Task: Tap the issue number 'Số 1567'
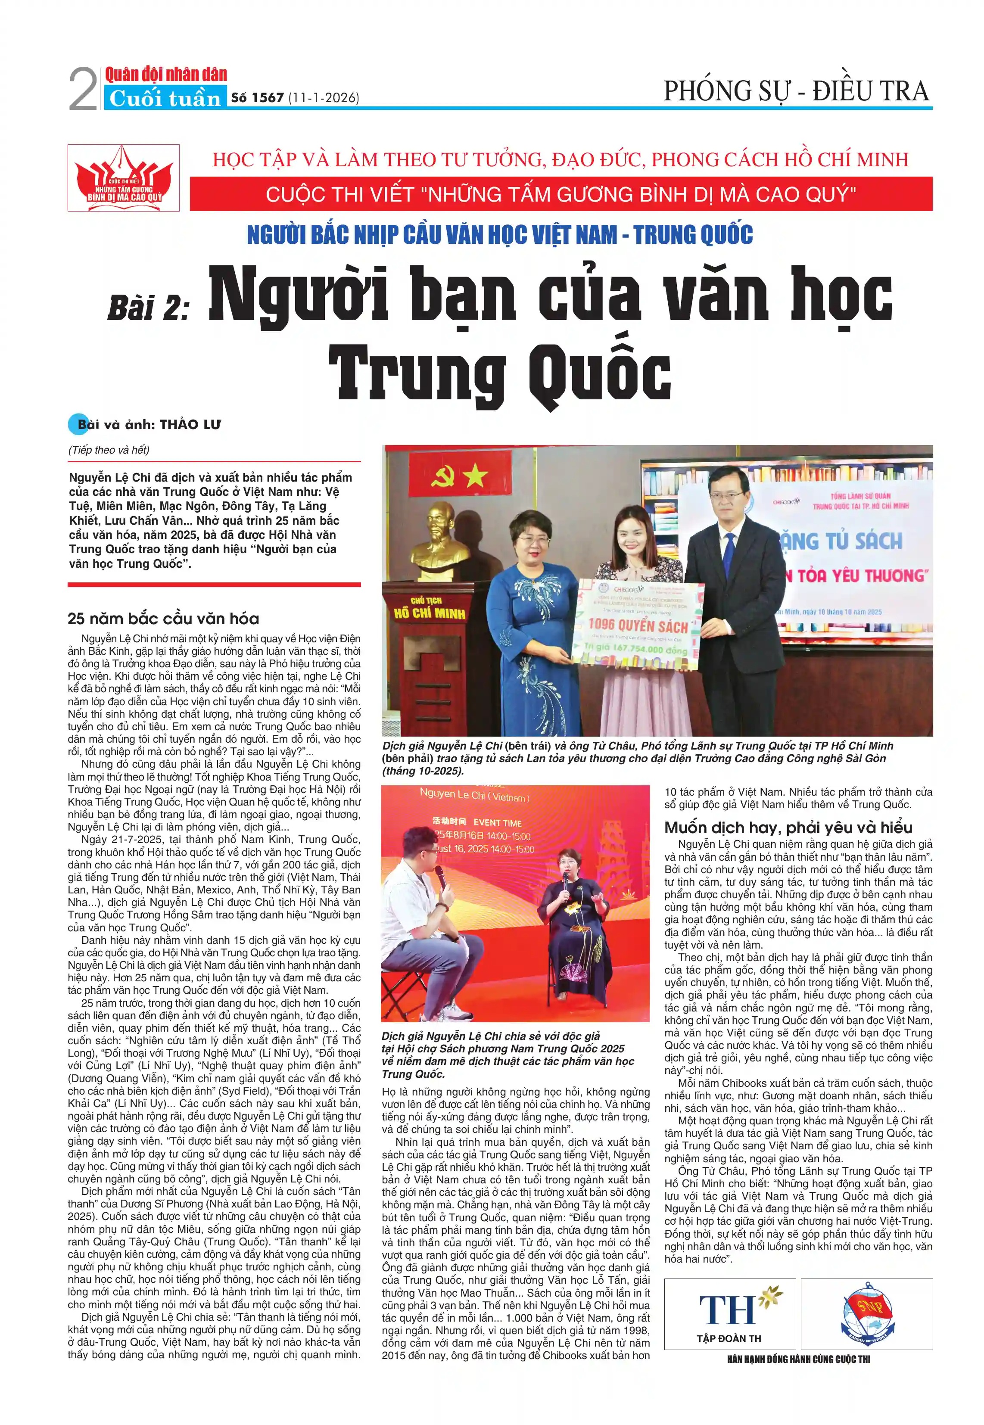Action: click(x=257, y=97)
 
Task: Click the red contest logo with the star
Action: click(x=123, y=178)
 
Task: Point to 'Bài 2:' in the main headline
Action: click(x=148, y=306)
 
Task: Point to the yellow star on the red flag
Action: click(x=475, y=476)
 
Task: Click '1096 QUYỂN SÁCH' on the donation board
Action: click(x=638, y=627)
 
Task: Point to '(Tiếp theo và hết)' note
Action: click(x=109, y=450)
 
